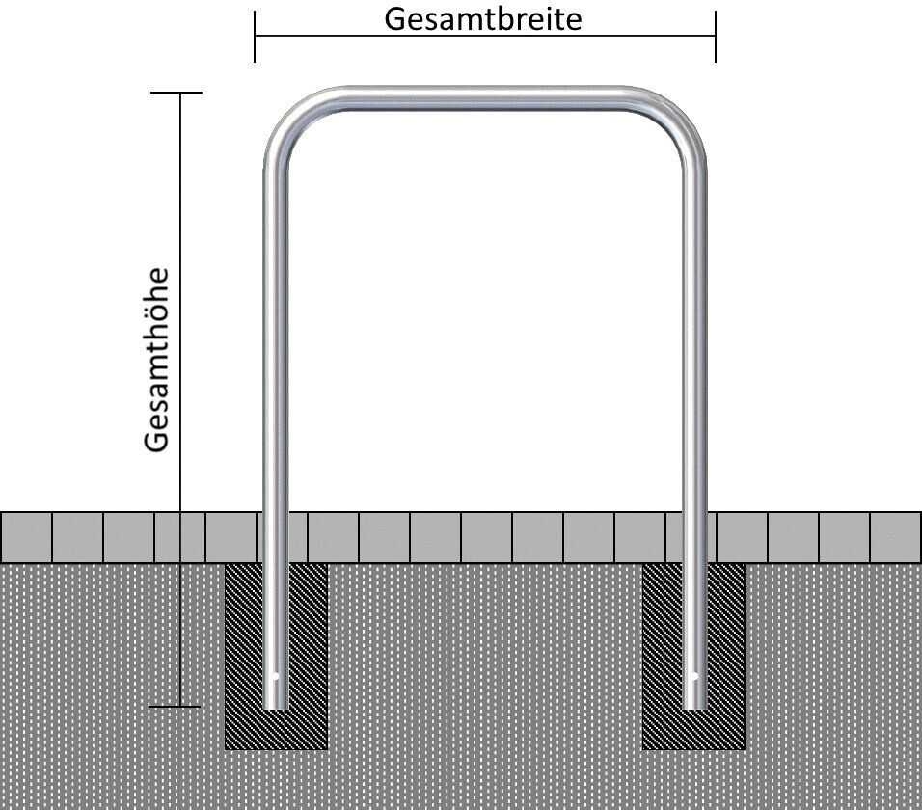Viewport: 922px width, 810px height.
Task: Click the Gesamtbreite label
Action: click(x=483, y=18)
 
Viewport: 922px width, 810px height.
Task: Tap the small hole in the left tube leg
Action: click(x=275, y=676)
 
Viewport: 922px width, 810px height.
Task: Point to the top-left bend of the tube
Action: click(x=290, y=121)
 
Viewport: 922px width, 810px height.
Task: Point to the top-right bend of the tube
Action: click(x=679, y=121)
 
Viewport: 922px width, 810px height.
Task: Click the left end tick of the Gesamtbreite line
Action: click(x=255, y=37)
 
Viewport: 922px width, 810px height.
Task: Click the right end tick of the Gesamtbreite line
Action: click(x=715, y=37)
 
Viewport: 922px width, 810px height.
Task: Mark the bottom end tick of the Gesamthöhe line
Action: click(x=176, y=707)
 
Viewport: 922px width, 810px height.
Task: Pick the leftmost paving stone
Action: click(x=26, y=537)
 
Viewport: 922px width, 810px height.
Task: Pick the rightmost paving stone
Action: click(x=895, y=537)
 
